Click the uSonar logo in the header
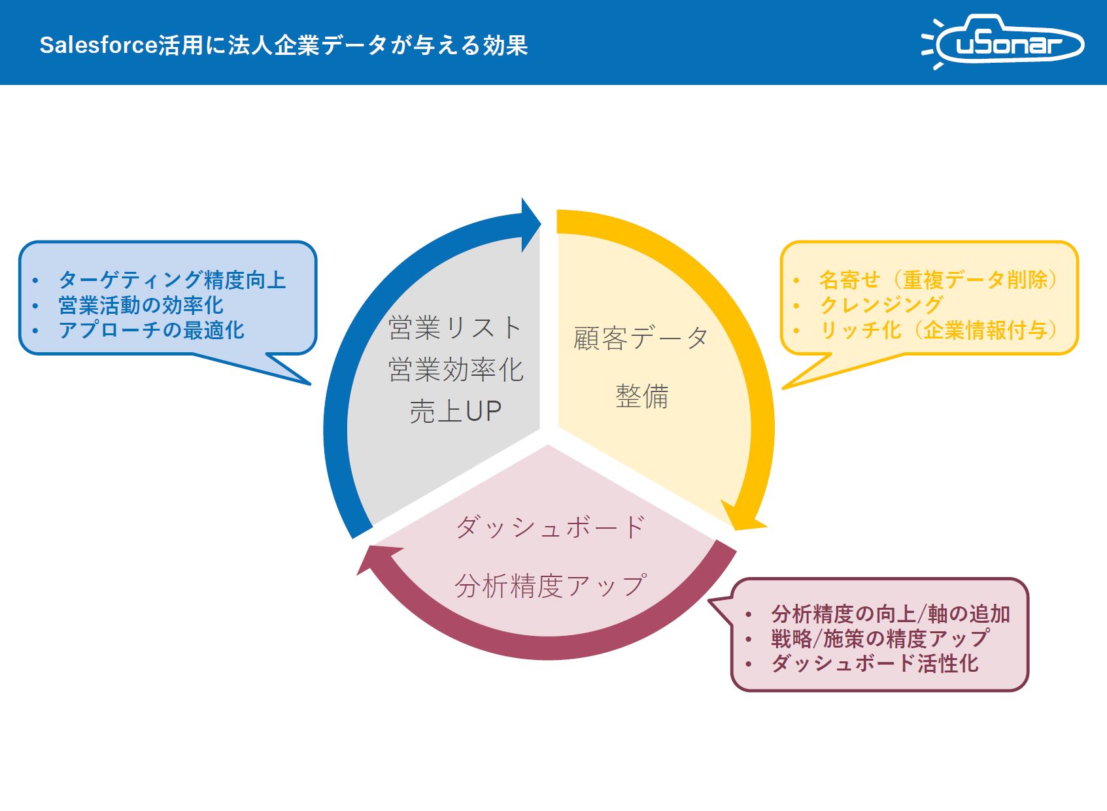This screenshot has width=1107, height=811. pyautogui.click(x=1002, y=41)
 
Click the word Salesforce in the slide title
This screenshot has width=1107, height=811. pyautogui.click(x=98, y=45)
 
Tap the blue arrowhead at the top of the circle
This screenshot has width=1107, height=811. pyautogui.click(x=531, y=225)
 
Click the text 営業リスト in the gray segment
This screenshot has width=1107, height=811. pyautogui.click(x=455, y=328)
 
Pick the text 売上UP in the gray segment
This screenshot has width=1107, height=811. pyautogui.click(x=455, y=411)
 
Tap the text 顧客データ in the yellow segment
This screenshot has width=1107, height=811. pyautogui.click(x=641, y=339)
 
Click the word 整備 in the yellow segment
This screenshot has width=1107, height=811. pyautogui.click(x=641, y=396)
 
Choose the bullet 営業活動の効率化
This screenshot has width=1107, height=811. pyautogui.click(x=141, y=305)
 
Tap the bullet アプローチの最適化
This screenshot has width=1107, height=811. pyautogui.click(x=151, y=330)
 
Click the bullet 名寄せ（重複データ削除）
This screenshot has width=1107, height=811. pyautogui.click(x=939, y=280)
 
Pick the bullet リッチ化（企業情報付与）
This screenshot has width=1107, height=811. pyautogui.click(x=939, y=330)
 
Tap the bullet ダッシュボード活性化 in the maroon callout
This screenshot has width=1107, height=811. pyautogui.click(x=875, y=663)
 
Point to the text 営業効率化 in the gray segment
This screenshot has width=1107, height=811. pyautogui.click(x=455, y=369)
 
